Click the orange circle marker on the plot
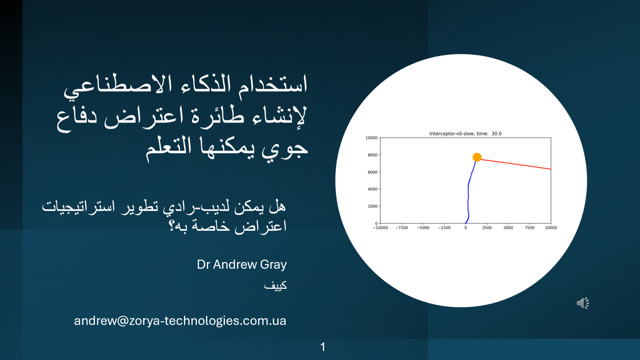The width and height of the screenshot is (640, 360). (477, 157)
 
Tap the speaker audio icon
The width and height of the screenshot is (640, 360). (583, 303)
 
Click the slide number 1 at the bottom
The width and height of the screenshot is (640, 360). (323, 347)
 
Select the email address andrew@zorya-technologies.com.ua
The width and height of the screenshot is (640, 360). (180, 321)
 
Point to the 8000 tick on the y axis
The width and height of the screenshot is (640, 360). (372, 155)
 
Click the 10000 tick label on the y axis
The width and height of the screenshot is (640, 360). (371, 138)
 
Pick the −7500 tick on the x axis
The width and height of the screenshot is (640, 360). (402, 228)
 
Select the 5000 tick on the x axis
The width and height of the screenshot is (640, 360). (508, 228)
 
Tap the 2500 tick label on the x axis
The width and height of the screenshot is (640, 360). (487, 228)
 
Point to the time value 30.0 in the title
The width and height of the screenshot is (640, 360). (496, 134)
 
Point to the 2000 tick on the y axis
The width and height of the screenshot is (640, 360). (372, 206)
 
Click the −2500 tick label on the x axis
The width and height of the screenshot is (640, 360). (444, 228)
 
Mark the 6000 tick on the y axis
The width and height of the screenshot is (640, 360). (372, 172)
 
